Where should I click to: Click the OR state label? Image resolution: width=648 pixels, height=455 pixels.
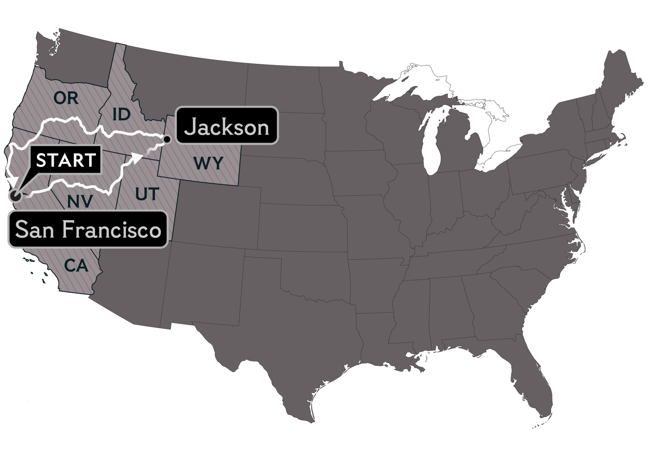tap(66, 98)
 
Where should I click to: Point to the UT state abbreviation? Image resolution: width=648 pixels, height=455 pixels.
tap(147, 194)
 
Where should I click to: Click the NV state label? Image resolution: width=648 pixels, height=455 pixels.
tap(80, 201)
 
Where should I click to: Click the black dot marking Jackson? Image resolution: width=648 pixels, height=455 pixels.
tap(167, 139)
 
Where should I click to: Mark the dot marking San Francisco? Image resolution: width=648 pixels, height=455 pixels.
tap(16, 195)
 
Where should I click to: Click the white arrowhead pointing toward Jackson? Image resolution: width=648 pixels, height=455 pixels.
tap(138, 158)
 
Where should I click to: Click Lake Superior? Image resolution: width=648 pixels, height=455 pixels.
tap(412, 82)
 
